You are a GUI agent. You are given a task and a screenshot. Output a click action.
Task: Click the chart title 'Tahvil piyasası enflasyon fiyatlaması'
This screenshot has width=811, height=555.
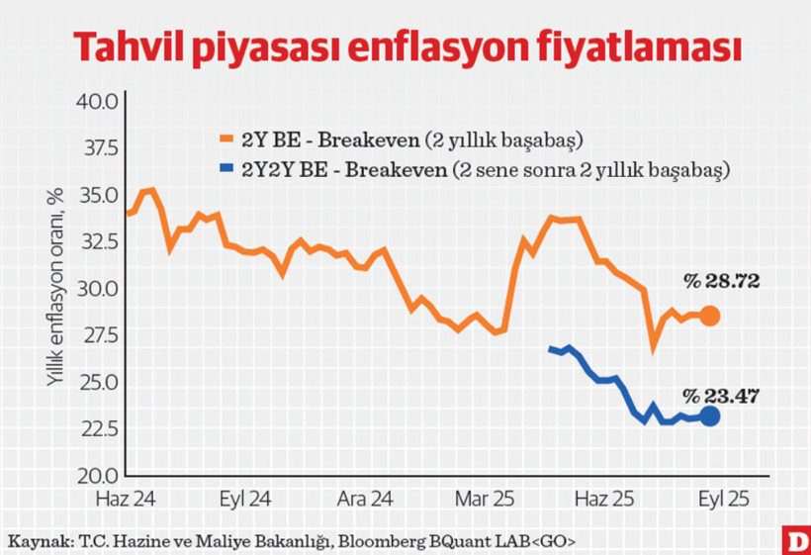pyautogui.click(x=405, y=46)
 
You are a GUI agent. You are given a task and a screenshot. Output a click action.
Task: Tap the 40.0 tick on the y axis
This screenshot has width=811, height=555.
pyautogui.click(x=98, y=101)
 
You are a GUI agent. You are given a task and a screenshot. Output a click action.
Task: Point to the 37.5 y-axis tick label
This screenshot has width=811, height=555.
pyautogui.click(x=98, y=148)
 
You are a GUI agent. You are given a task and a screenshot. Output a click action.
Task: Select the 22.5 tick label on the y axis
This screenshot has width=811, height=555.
pyautogui.click(x=98, y=428)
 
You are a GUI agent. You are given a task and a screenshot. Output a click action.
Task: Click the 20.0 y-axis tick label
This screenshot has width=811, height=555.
pyautogui.click(x=98, y=475)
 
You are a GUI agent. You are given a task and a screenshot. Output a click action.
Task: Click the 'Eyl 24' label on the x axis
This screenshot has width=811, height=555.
pyautogui.click(x=241, y=497)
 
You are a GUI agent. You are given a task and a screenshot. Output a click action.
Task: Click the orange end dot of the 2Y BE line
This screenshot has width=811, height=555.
pyautogui.click(x=710, y=317)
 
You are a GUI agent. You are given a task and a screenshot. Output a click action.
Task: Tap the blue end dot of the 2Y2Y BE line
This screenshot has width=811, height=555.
pyautogui.click(x=710, y=416)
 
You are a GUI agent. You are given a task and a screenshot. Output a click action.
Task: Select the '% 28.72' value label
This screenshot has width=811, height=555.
pyautogui.click(x=719, y=283)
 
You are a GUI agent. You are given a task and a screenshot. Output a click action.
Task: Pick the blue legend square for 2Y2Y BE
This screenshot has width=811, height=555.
pyautogui.click(x=227, y=169)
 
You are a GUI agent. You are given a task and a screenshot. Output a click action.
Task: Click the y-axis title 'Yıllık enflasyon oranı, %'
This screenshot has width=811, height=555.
pyautogui.click(x=57, y=287)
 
